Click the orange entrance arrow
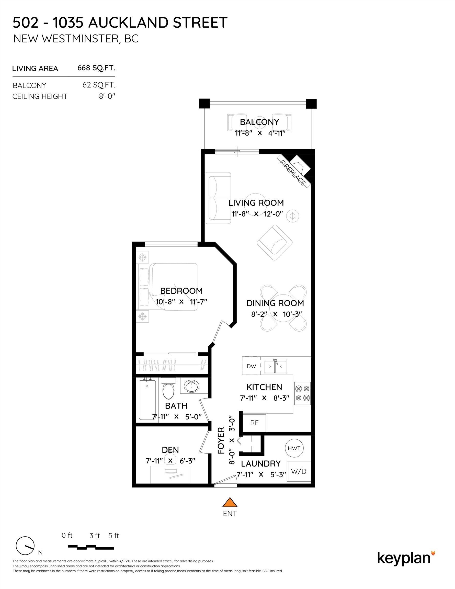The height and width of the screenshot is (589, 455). pos(230,502)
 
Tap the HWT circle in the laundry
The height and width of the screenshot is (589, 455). pos(294,448)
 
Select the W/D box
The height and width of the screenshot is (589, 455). pos(299,472)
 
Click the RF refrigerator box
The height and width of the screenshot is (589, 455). pos(254,423)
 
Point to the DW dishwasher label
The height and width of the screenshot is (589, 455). pos(251,366)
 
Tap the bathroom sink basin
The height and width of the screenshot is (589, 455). pos(192,387)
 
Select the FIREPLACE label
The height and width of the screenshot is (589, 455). pos(293,172)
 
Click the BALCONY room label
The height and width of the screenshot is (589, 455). pos(259,122)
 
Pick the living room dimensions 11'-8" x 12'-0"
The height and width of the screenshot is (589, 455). pos(257,214)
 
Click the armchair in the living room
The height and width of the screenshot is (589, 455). pos(275,242)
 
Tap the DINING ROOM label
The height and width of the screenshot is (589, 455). pos(275,303)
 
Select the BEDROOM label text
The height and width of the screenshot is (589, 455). pos(181,291)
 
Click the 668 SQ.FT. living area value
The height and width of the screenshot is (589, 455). pos(96,68)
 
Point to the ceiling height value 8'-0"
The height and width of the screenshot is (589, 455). pos(107,96)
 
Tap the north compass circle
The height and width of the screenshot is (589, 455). pos(25,546)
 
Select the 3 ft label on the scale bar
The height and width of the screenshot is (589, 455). pos(95,536)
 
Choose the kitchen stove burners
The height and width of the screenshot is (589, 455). pos(302,393)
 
